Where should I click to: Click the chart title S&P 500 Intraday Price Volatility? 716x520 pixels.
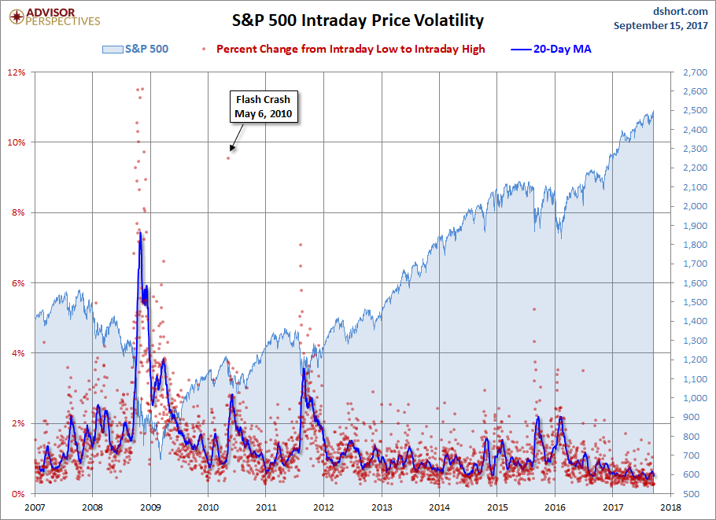click(357, 20)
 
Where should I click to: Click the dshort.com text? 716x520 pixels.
click(681, 12)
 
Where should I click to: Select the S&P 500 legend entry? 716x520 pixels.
click(135, 49)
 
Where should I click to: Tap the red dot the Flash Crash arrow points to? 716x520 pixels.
click(229, 157)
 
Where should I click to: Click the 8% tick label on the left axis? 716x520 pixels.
click(19, 212)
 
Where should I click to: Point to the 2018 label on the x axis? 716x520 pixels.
click(670, 507)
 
